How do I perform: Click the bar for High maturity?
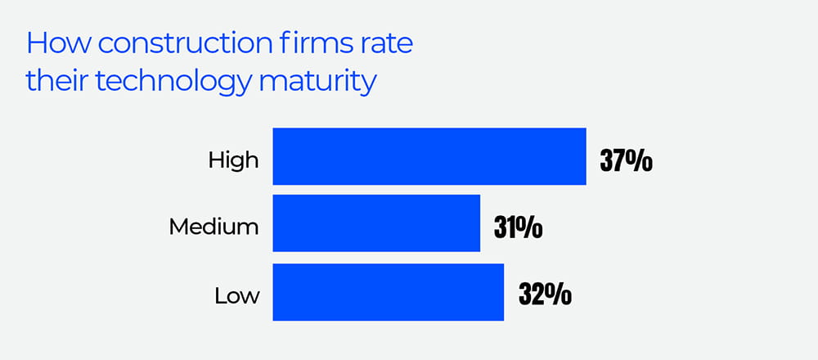429,156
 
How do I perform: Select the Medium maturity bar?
375,223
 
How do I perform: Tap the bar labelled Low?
388,291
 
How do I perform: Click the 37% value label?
626,160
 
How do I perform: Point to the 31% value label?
518,227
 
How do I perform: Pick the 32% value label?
545,294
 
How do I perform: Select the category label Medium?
213,227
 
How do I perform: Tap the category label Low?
236,295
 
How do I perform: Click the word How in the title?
53,44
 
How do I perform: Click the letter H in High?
215,160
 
